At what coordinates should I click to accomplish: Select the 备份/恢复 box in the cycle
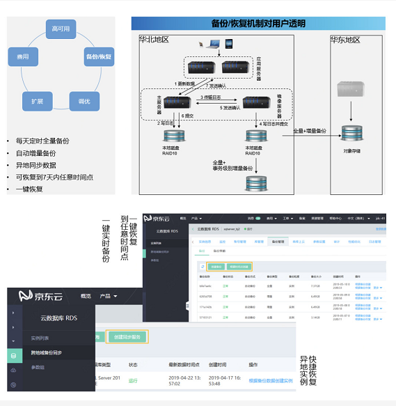[99, 56]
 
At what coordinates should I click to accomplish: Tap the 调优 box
[84, 101]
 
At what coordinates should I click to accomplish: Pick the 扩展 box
[38, 101]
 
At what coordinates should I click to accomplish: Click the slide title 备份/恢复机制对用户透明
[258, 23]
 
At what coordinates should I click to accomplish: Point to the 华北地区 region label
[155, 40]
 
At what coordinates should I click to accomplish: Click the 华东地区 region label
[345, 40]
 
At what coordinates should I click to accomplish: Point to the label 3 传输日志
[212, 97]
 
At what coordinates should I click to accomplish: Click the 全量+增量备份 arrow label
[309, 130]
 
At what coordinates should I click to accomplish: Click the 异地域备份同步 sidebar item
[48, 352]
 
